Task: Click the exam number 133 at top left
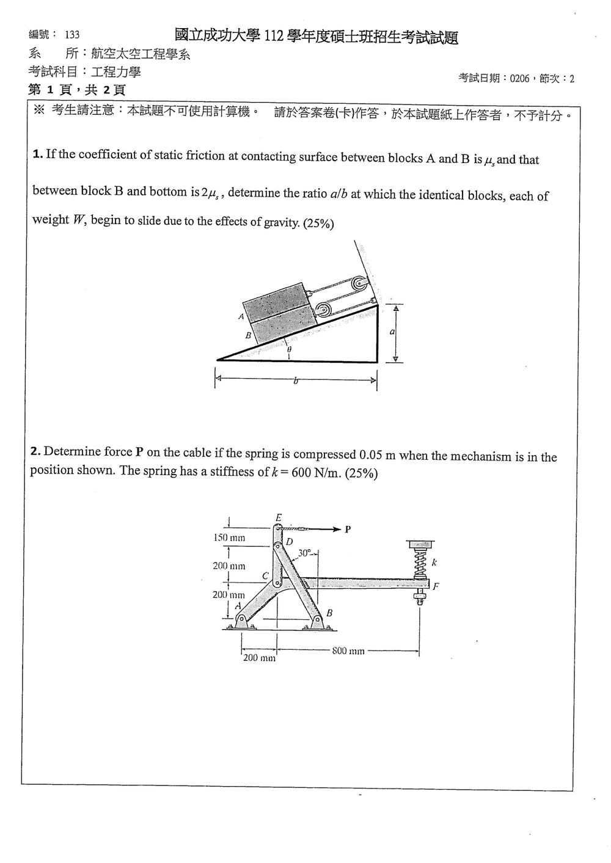pos(72,35)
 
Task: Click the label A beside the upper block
pos(241,317)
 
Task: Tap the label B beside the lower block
pos(248,335)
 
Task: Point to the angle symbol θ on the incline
pos(289,349)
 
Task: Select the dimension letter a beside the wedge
pos(392,332)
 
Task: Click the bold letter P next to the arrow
pos(348,529)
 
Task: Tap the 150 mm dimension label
pos(229,537)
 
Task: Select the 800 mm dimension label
pos(348,650)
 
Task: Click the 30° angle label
pos(304,553)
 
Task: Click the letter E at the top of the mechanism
pos(279,518)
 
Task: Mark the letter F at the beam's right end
pos(436,586)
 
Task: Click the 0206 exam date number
pos(519,79)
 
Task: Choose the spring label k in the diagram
pos(434,563)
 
